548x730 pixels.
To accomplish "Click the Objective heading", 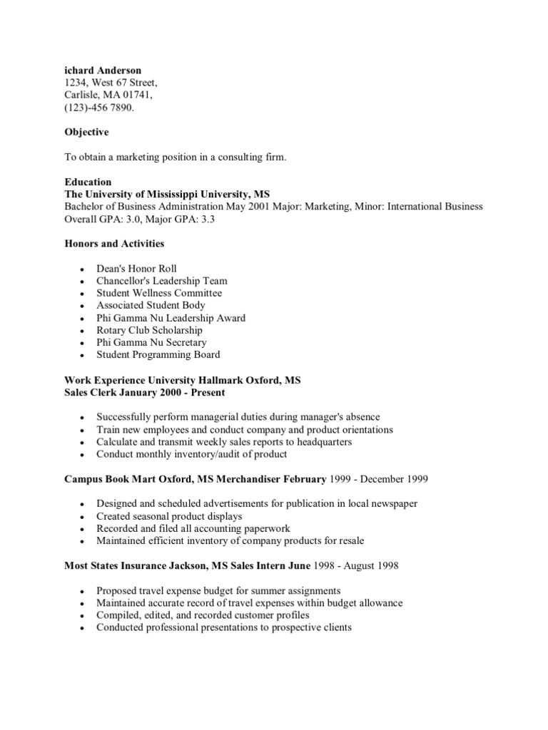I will click(86, 133).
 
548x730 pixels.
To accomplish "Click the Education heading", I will click(88, 182).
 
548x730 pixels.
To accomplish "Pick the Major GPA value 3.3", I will click(207, 219).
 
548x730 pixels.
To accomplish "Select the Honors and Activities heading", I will click(114, 244).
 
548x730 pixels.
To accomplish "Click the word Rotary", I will click(111, 330).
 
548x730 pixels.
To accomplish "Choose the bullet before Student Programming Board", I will click(83, 356).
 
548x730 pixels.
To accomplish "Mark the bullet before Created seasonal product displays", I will click(83, 517).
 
